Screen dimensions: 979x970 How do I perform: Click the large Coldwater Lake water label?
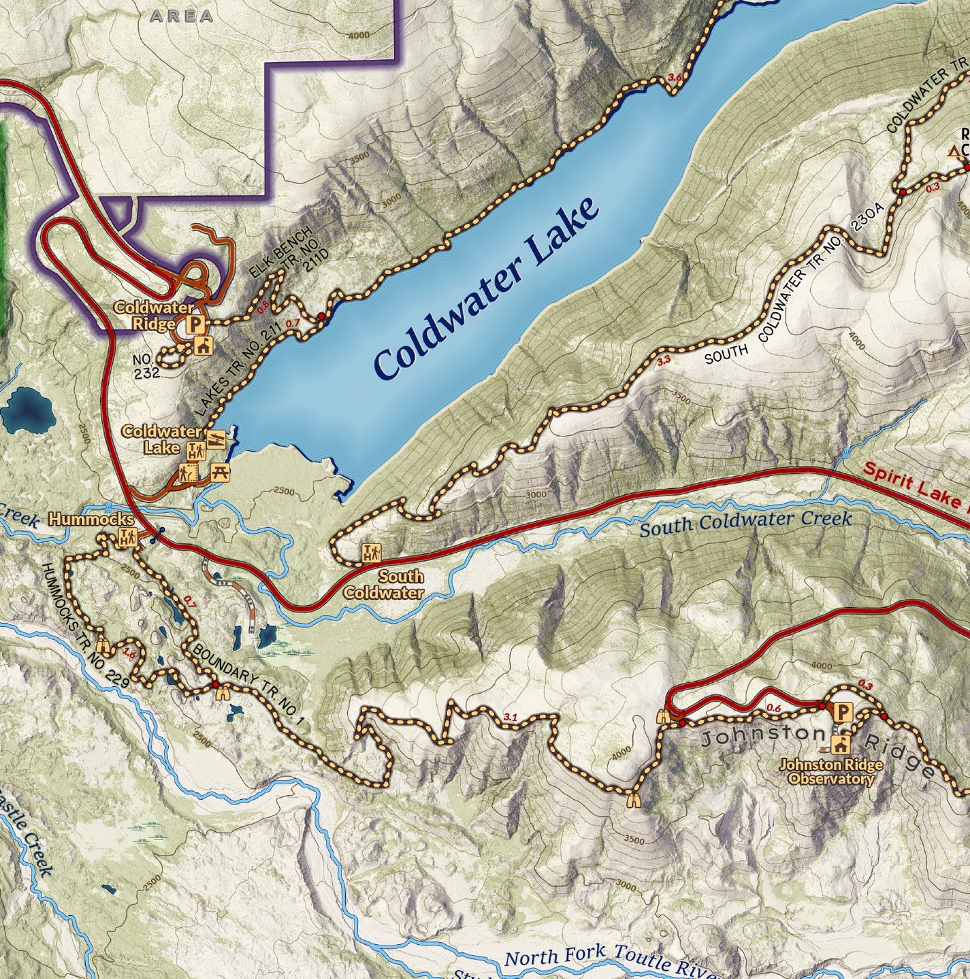(486, 289)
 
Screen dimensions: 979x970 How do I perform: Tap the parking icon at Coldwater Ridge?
(195, 326)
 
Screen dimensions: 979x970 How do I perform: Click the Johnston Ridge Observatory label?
(831, 772)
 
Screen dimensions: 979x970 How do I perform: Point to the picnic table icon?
(220, 472)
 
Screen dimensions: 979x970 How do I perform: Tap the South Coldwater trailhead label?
(383, 584)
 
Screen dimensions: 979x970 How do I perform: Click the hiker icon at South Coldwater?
(371, 553)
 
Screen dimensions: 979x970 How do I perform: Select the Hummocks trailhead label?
(91, 520)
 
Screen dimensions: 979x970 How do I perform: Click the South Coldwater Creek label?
(745, 524)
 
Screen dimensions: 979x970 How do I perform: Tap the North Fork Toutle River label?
(604, 957)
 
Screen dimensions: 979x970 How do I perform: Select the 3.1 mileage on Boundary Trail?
(510, 717)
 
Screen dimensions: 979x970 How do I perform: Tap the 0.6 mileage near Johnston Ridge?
(773, 708)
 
